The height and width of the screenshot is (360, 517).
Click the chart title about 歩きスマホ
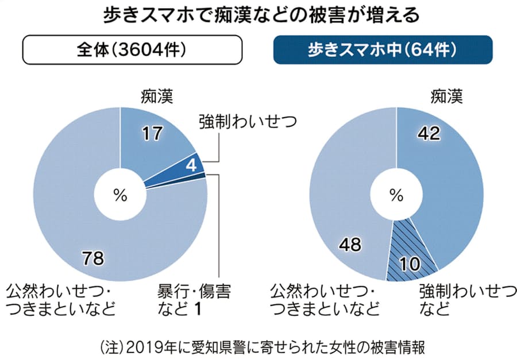tap(258, 16)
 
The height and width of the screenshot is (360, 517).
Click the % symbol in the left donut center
tap(120, 195)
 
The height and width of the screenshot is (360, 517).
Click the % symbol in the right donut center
tap(396, 195)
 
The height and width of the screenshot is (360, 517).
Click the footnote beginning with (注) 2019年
tap(258, 346)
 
